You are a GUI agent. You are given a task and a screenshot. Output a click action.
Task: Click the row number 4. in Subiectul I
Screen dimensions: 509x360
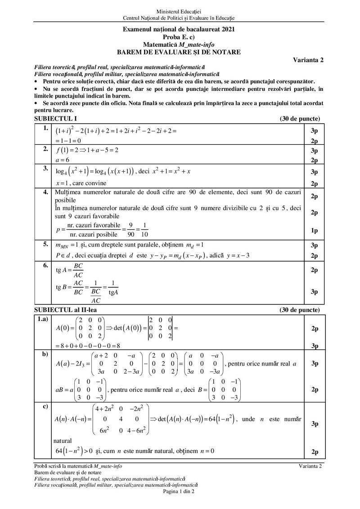45,192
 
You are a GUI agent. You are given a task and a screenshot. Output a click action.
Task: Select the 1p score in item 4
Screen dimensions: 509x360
314,231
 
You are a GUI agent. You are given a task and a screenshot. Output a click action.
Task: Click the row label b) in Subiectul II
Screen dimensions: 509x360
45,354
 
